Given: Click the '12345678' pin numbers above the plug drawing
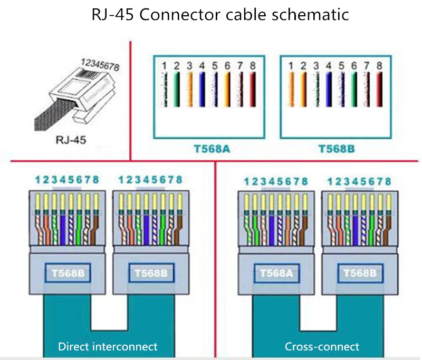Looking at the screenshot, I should pyautogui.click(x=100, y=65).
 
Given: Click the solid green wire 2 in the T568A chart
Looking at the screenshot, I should pyautogui.click(x=177, y=90).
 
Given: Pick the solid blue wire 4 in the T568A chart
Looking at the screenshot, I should pyautogui.click(x=202, y=90).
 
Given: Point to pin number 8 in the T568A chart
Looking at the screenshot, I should pyautogui.click(x=253, y=66).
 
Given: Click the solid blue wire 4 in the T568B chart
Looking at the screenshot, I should pyautogui.click(x=329, y=90).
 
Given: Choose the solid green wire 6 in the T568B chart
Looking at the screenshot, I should pyautogui.click(x=354, y=90).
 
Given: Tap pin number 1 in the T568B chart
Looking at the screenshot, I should pyautogui.click(x=291, y=66).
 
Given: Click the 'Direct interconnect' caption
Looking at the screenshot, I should pyautogui.click(x=108, y=346).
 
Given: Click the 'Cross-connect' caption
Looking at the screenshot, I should pyautogui.click(x=322, y=346).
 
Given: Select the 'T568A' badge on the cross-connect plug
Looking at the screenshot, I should pyautogui.click(x=272, y=274).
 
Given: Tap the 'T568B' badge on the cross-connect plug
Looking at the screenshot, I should pyautogui.click(x=359, y=274).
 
